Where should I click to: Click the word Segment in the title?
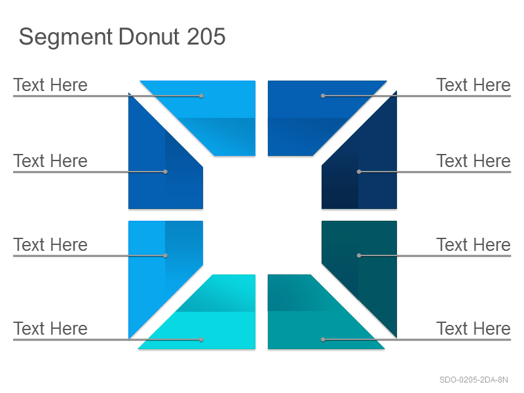coord(66,37)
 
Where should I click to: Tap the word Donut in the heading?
coord(149,36)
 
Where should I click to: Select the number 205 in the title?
coord(206,36)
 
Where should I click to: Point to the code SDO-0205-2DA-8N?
coord(474,380)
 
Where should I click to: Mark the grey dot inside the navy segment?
coord(359,172)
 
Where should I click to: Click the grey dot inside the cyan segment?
coord(201,339)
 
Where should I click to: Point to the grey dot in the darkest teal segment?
coord(359,255)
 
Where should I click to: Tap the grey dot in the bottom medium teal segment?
coord(323,339)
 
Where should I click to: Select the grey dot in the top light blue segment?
coord(201,96)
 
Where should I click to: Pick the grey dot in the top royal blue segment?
coord(323,96)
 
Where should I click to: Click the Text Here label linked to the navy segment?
coord(474,161)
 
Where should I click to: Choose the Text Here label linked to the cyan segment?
coord(50,329)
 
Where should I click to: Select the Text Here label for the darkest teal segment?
coord(474,244)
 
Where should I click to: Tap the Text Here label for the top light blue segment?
coord(50,85)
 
